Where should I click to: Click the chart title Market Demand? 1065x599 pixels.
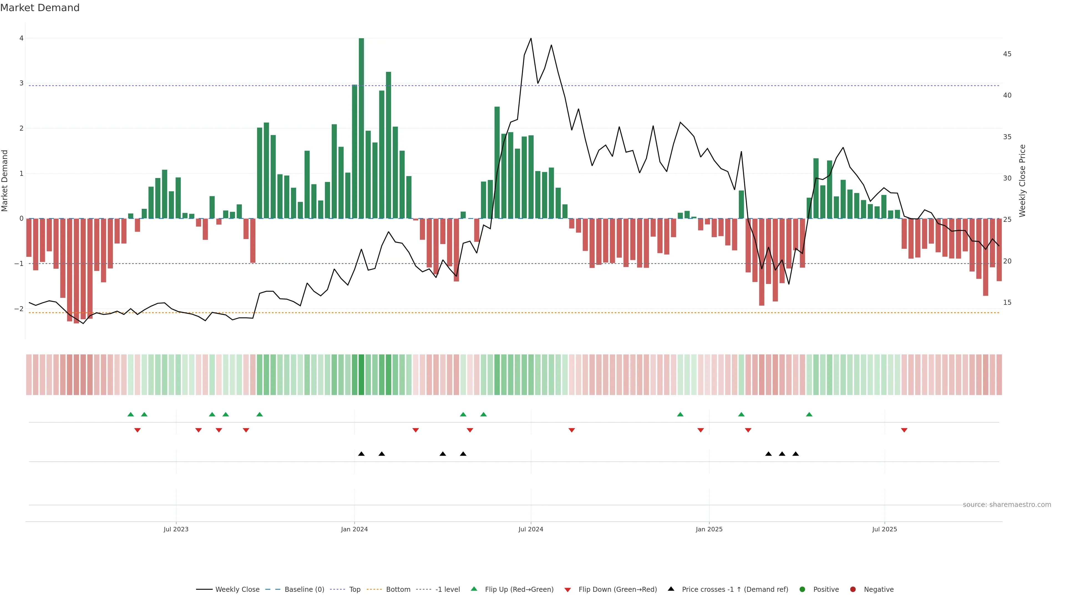tap(40, 8)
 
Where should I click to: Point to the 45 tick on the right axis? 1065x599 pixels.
tap(1007, 54)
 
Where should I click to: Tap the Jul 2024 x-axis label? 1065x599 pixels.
tap(531, 529)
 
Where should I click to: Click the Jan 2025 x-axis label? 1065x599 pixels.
tap(709, 529)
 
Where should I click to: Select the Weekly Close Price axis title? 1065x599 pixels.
tap(1022, 181)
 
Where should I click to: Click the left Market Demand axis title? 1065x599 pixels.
tap(5, 181)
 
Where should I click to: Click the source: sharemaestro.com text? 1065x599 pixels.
tap(1007, 505)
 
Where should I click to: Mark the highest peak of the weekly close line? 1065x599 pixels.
tap(531, 39)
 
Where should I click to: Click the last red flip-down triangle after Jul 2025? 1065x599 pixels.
tap(904, 430)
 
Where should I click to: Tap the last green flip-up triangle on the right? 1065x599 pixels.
tap(809, 414)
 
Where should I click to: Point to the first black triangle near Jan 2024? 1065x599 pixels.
tap(361, 454)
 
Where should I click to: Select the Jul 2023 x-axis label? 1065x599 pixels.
tap(176, 529)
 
